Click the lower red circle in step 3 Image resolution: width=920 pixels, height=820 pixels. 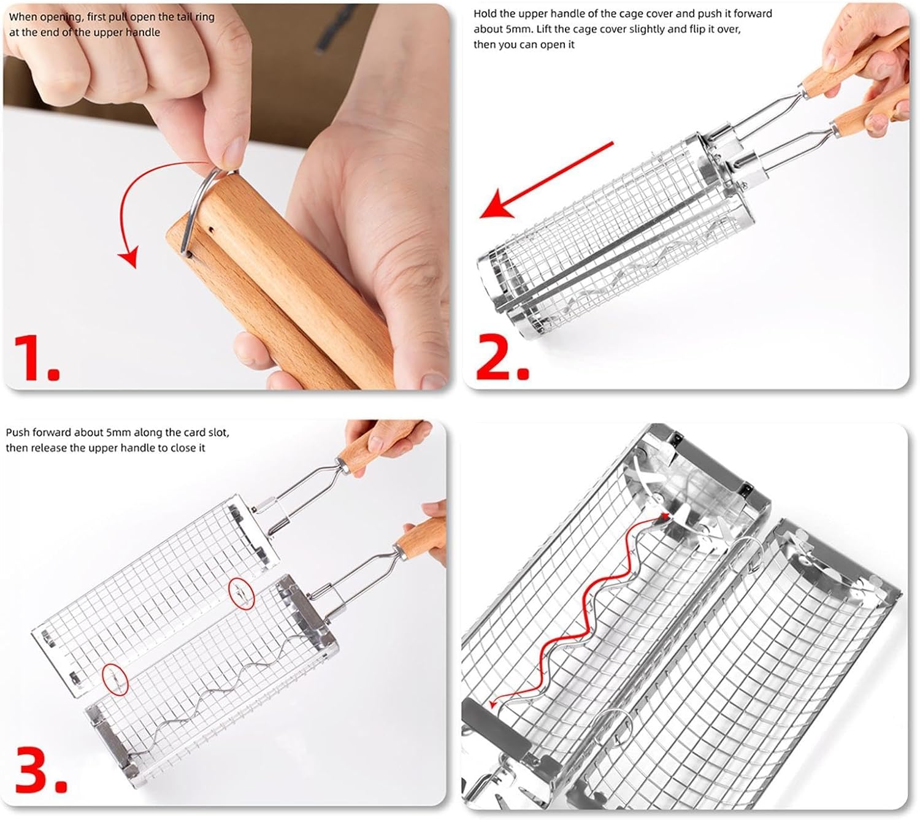click(x=115, y=678)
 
